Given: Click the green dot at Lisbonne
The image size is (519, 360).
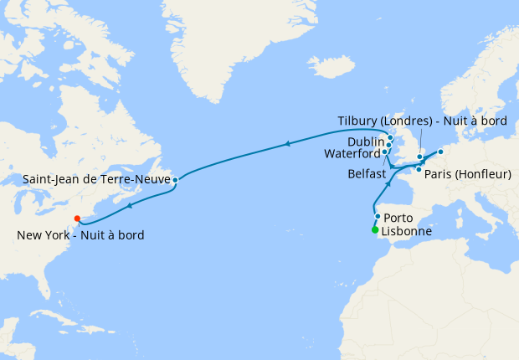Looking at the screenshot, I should [x=374, y=230].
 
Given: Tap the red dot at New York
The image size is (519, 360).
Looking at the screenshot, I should [x=77, y=219].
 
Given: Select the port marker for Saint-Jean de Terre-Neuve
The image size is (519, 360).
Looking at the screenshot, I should [x=175, y=180].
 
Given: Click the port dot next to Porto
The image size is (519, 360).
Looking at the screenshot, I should [x=378, y=217].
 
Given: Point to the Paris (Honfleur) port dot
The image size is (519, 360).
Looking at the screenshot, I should [x=419, y=170].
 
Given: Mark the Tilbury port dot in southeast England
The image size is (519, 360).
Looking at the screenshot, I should [x=419, y=157].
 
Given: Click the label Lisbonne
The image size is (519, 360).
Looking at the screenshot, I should [x=407, y=231].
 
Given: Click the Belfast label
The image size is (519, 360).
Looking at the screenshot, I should [x=367, y=173].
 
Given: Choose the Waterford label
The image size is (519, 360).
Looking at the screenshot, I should [x=352, y=153].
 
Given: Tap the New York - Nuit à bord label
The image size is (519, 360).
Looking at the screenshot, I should [x=80, y=235].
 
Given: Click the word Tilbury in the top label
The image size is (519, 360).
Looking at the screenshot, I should [x=357, y=121].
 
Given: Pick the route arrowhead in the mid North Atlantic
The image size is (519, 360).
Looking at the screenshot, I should [x=286, y=144].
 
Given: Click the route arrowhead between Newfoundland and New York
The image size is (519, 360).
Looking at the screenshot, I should [x=130, y=205].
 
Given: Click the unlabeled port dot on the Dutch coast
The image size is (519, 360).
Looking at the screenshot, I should [x=440, y=152].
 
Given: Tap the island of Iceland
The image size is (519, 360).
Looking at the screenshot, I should [x=330, y=65].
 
